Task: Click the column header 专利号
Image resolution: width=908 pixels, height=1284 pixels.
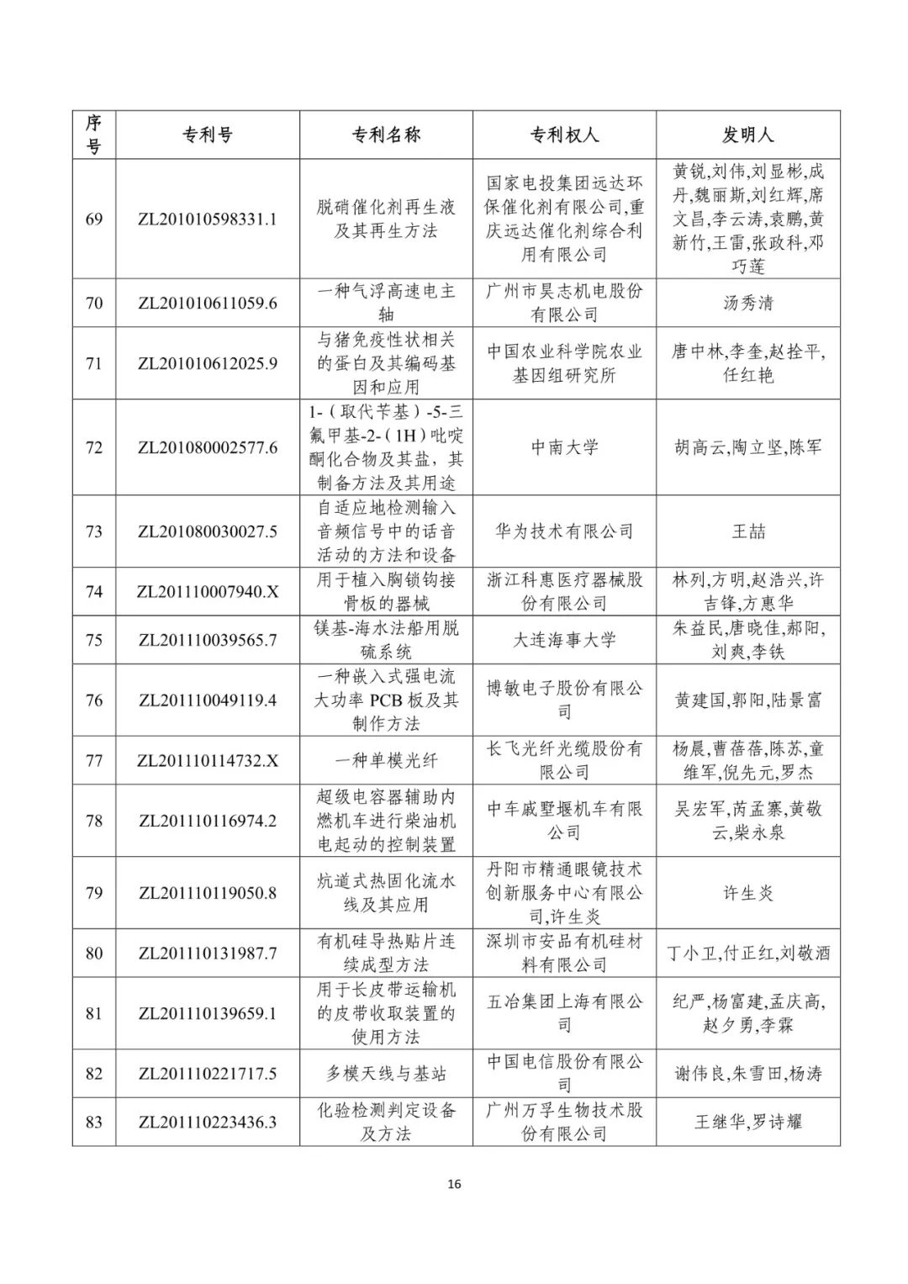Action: [207, 135]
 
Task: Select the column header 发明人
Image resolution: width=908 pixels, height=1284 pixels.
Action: [747, 135]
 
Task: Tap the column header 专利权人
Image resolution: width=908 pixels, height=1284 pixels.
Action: [564, 135]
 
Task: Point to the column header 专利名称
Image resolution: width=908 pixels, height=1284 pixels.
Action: [386, 135]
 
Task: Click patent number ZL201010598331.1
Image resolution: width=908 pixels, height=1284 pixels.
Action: [207, 219]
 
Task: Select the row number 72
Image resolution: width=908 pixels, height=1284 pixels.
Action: [93, 447]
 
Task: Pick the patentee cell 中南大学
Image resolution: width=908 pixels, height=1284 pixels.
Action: [564, 447]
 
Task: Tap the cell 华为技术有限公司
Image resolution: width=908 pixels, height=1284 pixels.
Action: [564, 531]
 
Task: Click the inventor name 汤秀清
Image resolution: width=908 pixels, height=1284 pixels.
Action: [747, 303]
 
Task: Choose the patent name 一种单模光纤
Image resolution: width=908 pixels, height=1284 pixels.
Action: [386, 760]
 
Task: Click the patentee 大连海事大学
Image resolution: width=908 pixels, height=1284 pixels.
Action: [564, 640]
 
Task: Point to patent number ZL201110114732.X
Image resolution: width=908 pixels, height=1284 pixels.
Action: [207, 760]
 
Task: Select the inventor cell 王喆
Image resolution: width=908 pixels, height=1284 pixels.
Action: [747, 531]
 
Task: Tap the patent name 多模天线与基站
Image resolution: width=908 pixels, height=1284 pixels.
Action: [386, 1074]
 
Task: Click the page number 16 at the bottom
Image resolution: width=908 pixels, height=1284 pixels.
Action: [454, 1185]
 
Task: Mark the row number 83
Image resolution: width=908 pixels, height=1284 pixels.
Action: [93, 1122]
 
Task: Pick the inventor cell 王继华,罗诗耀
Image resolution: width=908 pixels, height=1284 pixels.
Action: [747, 1122]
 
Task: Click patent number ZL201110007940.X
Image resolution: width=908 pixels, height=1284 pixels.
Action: [207, 592]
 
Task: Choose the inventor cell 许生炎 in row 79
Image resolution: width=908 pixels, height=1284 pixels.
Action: [747, 893]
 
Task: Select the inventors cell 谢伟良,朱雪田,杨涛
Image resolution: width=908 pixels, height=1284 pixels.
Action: [747, 1074]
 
